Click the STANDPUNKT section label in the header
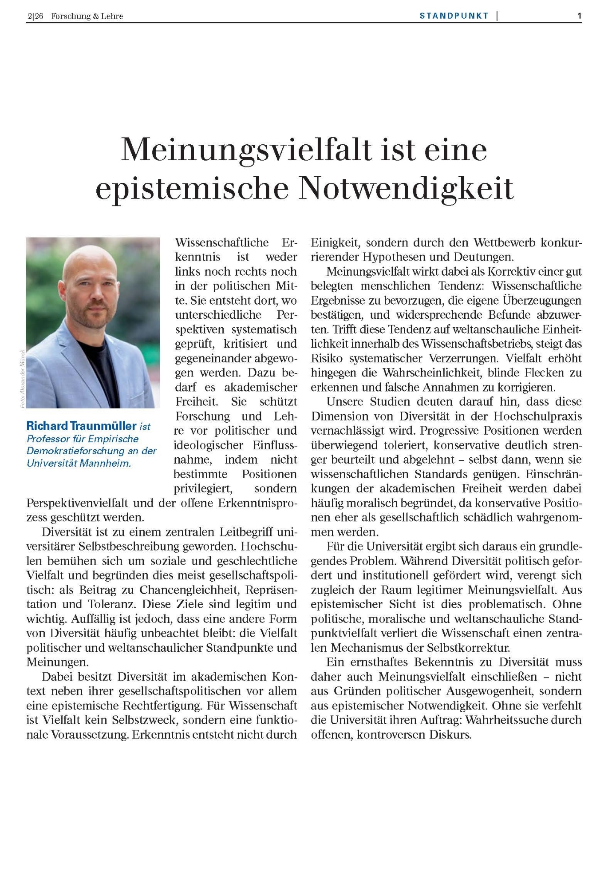pyautogui.click(x=454, y=16)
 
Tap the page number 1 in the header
pyautogui.click(x=579, y=16)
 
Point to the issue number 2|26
pyautogui.click(x=35, y=16)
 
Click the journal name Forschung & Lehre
pyautogui.click(x=87, y=16)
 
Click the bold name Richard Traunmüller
pyautogui.click(x=81, y=426)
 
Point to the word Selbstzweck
pyautogui.click(x=143, y=720)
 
